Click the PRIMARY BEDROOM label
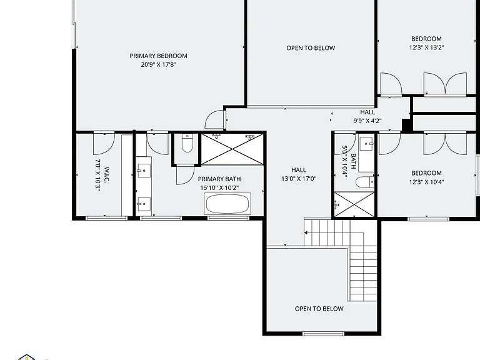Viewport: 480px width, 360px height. [x=158, y=56]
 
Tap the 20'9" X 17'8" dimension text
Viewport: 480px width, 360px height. [x=159, y=64]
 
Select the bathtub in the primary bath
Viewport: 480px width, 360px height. [x=227, y=204]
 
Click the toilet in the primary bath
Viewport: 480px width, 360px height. [x=187, y=142]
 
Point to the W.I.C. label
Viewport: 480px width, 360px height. [x=106, y=175]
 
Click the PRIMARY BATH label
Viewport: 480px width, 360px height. [x=219, y=179]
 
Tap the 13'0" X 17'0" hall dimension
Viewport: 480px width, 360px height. [x=299, y=179]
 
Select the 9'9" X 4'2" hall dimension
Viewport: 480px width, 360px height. [x=367, y=121]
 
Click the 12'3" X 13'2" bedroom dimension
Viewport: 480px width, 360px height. [x=426, y=47]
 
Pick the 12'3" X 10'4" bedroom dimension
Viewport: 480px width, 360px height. [x=426, y=182]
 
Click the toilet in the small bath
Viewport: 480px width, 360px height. [x=365, y=182]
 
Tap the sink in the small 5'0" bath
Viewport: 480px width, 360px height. [x=367, y=144]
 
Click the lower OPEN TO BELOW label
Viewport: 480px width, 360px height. [x=319, y=309]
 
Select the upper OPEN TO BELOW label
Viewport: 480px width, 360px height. [x=311, y=48]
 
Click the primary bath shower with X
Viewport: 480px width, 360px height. [x=232, y=149]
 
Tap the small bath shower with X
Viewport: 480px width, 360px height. [x=354, y=204]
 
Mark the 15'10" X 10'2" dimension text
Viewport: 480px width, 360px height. [x=219, y=187]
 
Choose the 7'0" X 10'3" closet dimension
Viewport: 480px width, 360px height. [x=98, y=175]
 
